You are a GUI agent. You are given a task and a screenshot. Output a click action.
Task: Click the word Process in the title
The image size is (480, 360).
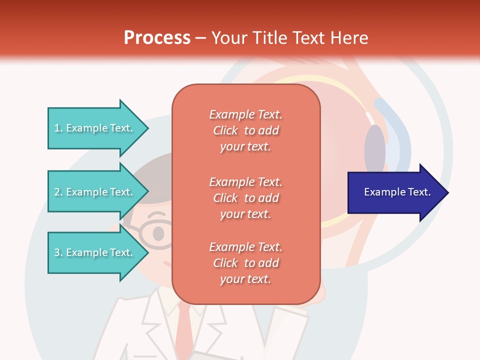pos(157,38)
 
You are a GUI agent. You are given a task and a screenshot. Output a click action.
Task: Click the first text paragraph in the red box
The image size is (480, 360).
pos(245,130)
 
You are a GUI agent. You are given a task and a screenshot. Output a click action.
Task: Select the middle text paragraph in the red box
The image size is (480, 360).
pos(245,198)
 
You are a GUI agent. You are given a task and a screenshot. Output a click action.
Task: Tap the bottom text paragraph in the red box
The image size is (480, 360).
pos(245,263)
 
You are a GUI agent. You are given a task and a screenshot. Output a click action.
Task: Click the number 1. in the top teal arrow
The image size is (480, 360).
pos(58,128)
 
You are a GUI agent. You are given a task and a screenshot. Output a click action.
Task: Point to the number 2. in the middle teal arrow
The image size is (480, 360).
pos(58,192)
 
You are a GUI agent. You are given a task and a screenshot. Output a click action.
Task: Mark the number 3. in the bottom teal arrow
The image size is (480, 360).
pos(58,252)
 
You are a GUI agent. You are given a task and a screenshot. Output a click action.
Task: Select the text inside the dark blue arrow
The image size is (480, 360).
pos(397,192)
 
